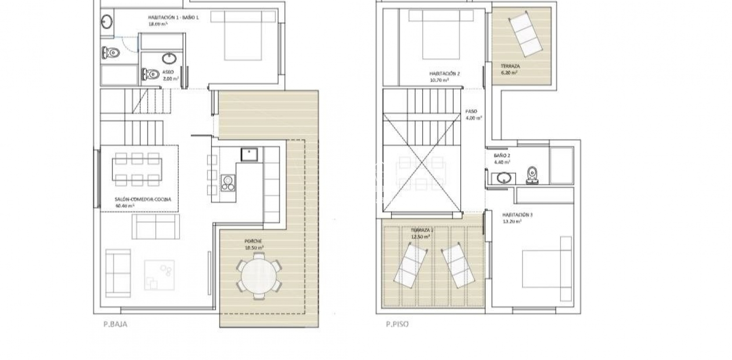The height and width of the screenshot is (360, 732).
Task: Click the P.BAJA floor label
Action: pyautogui.click(x=115, y=324)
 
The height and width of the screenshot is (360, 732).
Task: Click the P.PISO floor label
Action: pyautogui.click(x=397, y=324)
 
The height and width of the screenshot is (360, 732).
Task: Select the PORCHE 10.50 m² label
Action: pyautogui.click(x=254, y=245)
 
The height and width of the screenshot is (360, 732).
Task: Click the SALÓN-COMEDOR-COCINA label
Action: pyautogui.click(x=143, y=202)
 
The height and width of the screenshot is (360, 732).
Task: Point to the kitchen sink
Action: pyautogui.click(x=249, y=155)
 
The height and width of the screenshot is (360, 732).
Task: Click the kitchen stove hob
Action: pyautogui.click(x=228, y=183)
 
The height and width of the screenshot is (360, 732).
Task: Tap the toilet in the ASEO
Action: pyautogui.click(x=150, y=75)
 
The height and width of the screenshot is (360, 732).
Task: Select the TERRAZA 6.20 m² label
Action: pyautogui.click(x=510, y=69)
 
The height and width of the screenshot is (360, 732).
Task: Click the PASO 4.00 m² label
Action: pyautogui.click(x=474, y=115)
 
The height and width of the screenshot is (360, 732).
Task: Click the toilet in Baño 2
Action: pyautogui.click(x=532, y=174)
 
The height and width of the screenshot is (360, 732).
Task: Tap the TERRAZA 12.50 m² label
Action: pyautogui.click(x=421, y=233)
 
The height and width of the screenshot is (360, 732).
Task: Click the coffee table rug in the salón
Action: pyautogui.click(x=159, y=275)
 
